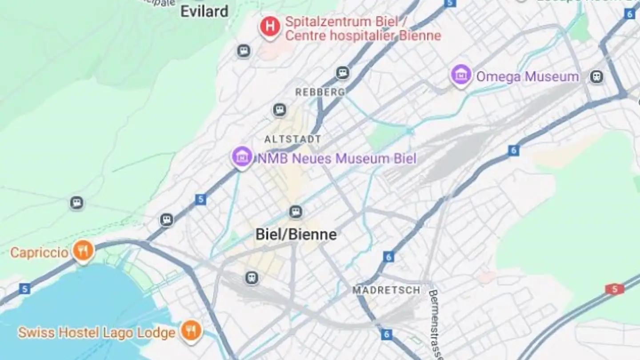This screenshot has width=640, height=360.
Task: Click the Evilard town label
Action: (x=204, y=11)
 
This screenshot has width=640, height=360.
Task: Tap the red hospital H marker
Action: (x=270, y=27)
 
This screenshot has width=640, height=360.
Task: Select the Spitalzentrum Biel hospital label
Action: (x=363, y=28)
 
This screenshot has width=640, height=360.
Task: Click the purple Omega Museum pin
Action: (x=461, y=75)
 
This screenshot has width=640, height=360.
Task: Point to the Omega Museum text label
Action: (x=528, y=77)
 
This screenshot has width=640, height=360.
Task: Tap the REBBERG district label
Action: (x=320, y=92)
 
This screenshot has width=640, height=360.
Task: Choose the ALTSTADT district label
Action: (x=292, y=139)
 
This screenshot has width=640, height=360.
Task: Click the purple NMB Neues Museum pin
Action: (x=242, y=157)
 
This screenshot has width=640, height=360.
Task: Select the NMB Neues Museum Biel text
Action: (x=337, y=159)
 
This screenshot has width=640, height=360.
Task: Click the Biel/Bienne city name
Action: (x=296, y=235)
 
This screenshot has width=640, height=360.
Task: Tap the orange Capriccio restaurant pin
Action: (x=83, y=251)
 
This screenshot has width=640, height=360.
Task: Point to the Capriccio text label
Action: (x=39, y=253)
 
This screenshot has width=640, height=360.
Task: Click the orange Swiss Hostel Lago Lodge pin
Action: (x=192, y=332)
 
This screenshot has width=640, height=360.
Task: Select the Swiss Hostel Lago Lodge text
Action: (x=96, y=333)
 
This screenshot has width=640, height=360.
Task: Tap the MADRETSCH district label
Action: (x=386, y=290)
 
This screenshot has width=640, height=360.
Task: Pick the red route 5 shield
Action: (x=615, y=289)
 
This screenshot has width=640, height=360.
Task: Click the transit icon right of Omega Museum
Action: (x=597, y=76)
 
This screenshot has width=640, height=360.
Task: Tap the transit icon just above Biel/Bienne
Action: (x=296, y=212)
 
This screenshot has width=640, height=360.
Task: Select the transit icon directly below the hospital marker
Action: (x=244, y=51)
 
